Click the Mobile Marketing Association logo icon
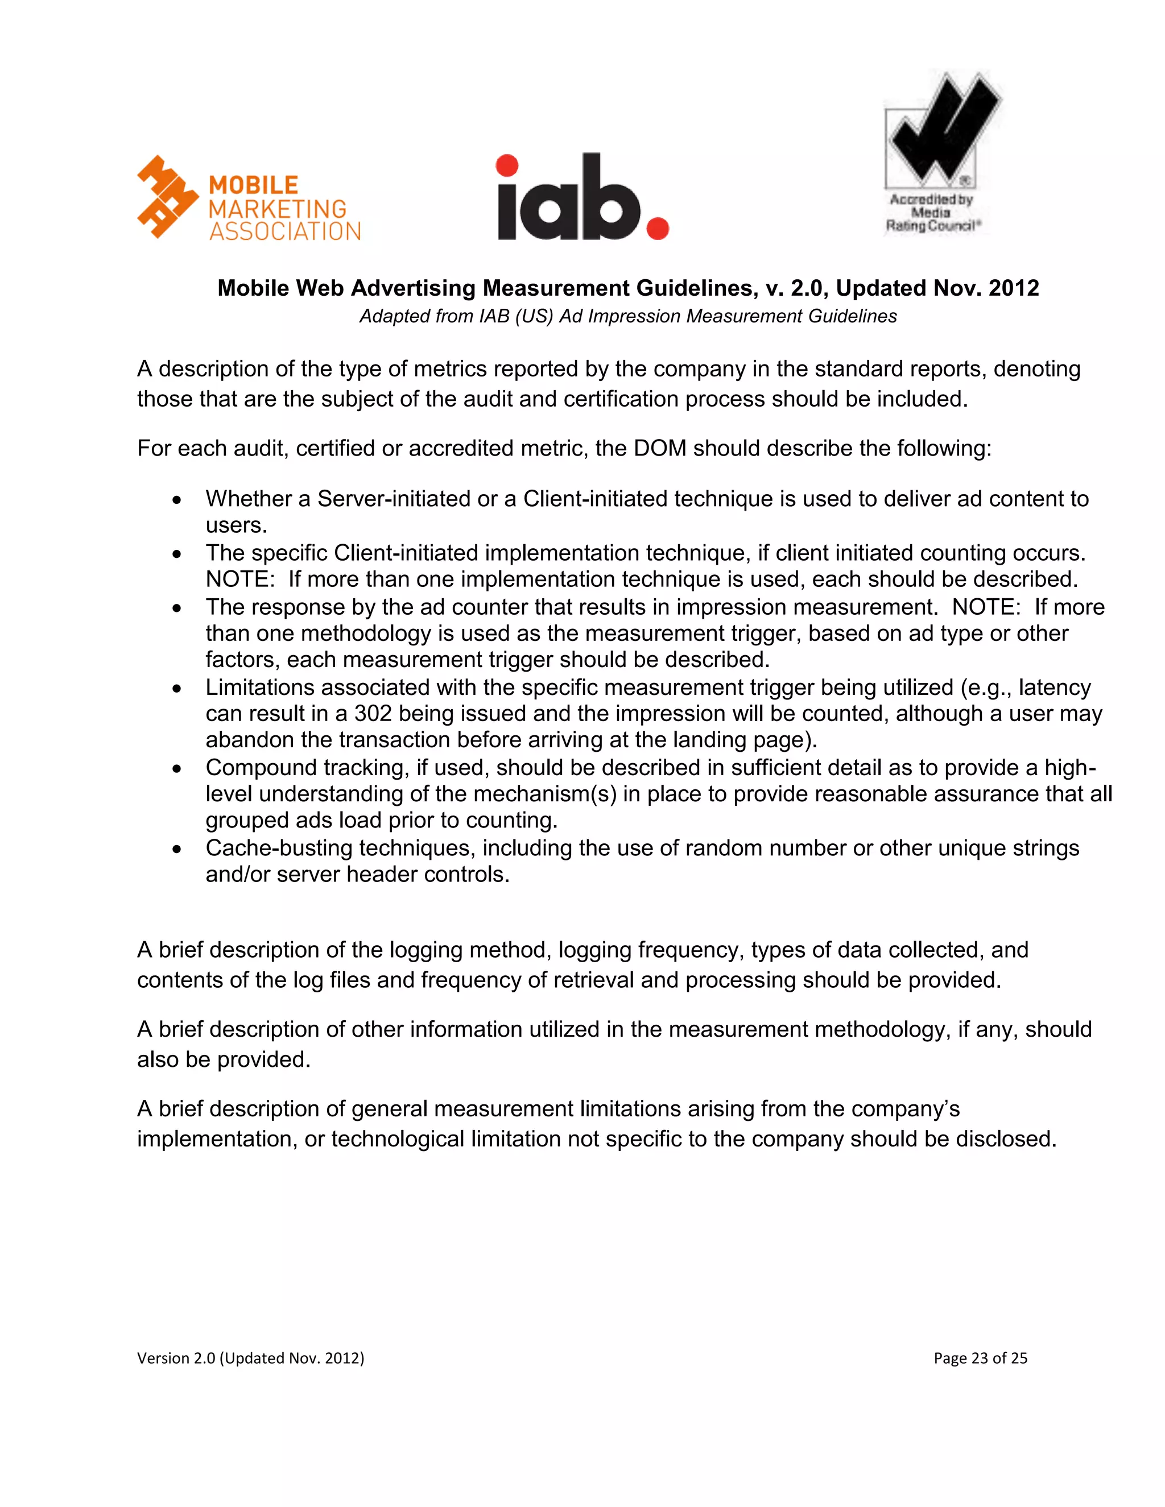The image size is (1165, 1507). point(168,197)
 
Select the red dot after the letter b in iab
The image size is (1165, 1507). point(657,229)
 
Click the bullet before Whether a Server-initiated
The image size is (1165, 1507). point(177,499)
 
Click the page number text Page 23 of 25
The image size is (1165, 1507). point(980,1358)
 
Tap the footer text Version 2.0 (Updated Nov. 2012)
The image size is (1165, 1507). point(250,1358)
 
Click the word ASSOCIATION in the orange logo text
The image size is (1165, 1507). point(285,232)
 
